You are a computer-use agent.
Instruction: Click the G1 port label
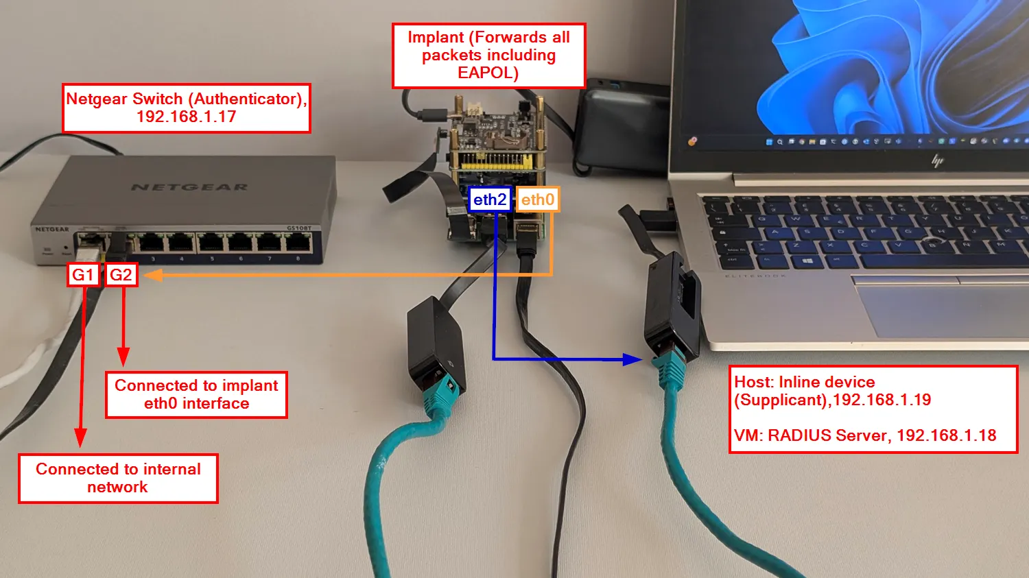[x=83, y=275]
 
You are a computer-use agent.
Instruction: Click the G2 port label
[x=121, y=275]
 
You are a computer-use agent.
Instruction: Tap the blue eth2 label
[x=490, y=200]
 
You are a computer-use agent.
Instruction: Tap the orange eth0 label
[x=537, y=200]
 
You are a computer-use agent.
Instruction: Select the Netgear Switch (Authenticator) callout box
[x=186, y=108]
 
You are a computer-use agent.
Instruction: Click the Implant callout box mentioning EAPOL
[x=488, y=56]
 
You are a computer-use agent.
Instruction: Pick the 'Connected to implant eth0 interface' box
[x=196, y=395]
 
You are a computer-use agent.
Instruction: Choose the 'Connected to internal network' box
[x=118, y=479]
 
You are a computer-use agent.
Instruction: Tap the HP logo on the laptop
[x=937, y=160]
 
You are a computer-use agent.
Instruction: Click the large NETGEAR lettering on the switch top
[x=189, y=187]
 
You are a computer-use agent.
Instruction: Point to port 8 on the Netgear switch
[x=298, y=242]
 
